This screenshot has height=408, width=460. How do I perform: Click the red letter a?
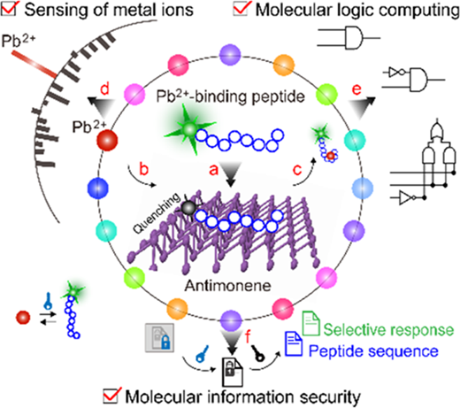tap(214, 170)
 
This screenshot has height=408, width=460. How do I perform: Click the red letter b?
tap(143, 168)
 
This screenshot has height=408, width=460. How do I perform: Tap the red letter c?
tap(297, 170)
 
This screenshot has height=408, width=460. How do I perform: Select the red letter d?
tap(104, 89)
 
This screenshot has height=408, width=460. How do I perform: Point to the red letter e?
tap(356, 89)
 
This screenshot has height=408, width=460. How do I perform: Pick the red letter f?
tap(248, 336)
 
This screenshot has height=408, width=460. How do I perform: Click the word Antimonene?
tap(228, 286)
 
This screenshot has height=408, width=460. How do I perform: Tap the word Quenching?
tap(157, 213)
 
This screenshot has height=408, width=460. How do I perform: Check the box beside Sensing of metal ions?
tap(9, 9)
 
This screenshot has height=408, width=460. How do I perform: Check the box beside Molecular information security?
tap(112, 396)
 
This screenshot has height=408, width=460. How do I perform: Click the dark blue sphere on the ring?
tap(98, 189)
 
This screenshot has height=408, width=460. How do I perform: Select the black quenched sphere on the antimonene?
tap(188, 208)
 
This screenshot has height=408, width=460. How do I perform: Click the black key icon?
tap(257, 353)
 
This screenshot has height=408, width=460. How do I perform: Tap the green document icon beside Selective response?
tap(310, 324)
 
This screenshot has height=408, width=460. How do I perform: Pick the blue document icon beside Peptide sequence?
tap(294, 344)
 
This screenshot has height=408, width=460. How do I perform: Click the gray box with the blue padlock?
tap(159, 338)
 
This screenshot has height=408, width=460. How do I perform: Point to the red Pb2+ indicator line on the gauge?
tap(34, 65)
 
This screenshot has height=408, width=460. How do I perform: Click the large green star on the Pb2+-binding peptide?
tap(189, 129)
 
